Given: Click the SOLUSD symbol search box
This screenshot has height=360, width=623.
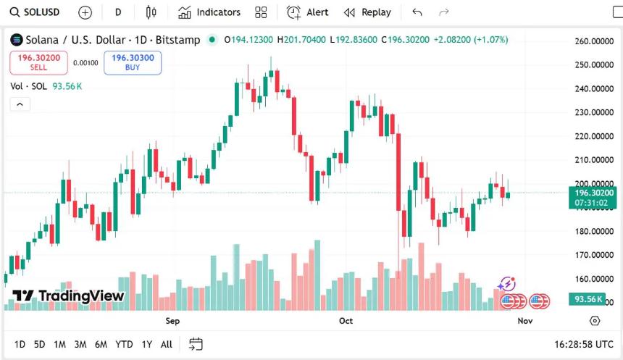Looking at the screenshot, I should (35, 12).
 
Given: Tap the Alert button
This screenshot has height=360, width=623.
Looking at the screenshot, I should (308, 12).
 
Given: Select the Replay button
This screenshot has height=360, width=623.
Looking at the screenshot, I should (367, 12).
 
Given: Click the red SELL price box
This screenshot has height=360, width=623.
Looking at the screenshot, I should (38, 62).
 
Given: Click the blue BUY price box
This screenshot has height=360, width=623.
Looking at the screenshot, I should (133, 62).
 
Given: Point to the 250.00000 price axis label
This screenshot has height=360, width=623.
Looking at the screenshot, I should (593, 65).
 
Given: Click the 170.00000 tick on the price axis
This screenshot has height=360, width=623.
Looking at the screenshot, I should (593, 255).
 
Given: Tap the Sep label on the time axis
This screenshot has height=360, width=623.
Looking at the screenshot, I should (172, 321).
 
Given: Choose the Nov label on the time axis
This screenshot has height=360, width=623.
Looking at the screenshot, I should (525, 321).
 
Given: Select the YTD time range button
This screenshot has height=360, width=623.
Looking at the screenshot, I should (124, 344).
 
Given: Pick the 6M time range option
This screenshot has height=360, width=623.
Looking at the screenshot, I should (101, 344).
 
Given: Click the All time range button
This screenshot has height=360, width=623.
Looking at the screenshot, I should (166, 344).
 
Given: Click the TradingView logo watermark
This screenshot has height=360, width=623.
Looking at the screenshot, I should (68, 296).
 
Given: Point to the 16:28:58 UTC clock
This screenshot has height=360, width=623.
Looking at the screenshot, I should (583, 344).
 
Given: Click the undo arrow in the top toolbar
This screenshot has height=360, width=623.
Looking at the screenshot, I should (417, 12).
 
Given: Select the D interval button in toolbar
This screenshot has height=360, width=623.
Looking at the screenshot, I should (118, 12).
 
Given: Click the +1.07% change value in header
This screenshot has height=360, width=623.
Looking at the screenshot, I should (490, 40).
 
